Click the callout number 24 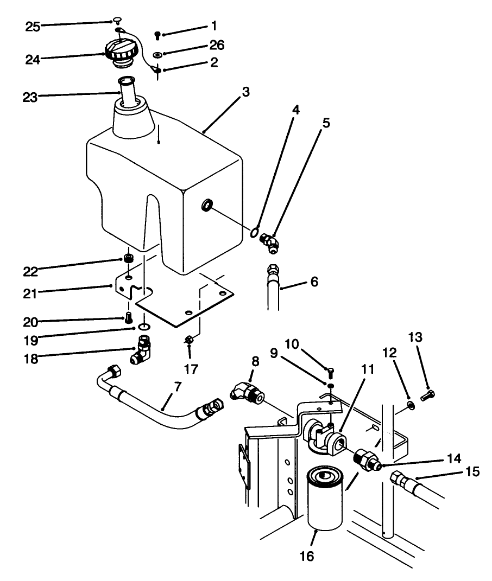point(33,59)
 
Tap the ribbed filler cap point(120,53)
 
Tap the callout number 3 point(246,92)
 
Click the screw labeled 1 point(157,35)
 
